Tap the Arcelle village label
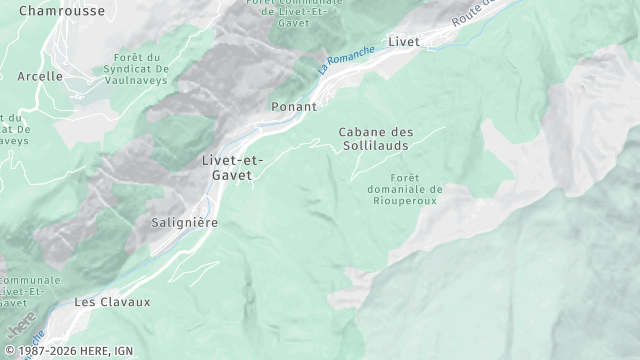click(x=40, y=76)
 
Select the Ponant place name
click(x=294, y=106)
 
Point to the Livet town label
click(x=404, y=41)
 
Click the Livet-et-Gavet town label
click(x=233, y=167)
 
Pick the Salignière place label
click(x=184, y=222)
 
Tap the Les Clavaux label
click(x=112, y=301)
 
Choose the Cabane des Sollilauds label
click(x=376, y=139)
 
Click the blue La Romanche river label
click(x=346, y=60)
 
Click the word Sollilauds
click(x=376, y=146)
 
